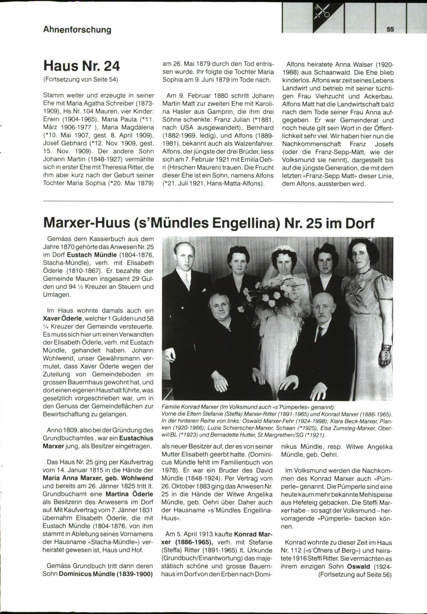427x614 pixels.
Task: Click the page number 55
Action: click(x=390, y=30)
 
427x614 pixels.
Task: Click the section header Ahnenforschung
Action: click(x=77, y=30)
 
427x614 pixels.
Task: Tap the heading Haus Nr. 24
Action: click(x=81, y=66)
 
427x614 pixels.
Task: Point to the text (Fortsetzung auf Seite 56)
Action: click(x=355, y=575)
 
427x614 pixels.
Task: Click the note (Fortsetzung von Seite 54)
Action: click(x=80, y=79)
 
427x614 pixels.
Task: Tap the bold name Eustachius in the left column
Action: click(x=136, y=438)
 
